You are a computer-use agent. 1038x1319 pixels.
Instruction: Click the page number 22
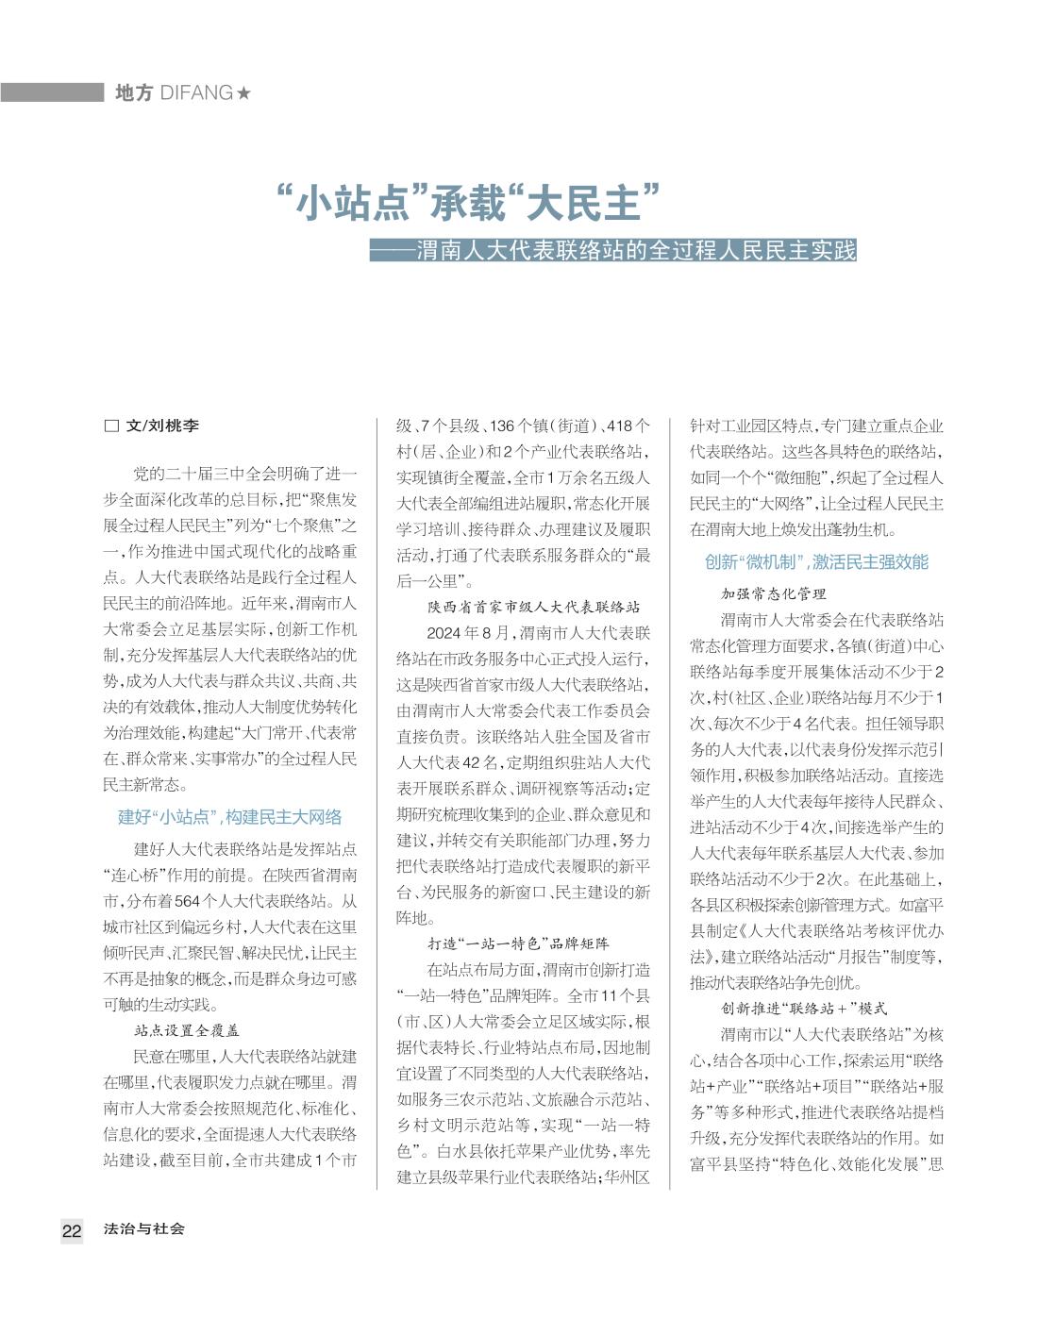tap(72, 1230)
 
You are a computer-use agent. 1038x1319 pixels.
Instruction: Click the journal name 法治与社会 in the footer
tap(144, 1228)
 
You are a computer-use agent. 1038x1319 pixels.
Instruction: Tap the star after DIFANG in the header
tap(244, 92)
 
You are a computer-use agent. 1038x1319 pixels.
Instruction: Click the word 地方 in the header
tap(133, 92)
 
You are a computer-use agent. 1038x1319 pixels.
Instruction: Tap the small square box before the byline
tap(110, 426)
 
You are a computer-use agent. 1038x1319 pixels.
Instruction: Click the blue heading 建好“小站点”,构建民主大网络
tap(229, 817)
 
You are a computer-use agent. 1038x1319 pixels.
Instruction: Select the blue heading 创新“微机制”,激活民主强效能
tap(816, 562)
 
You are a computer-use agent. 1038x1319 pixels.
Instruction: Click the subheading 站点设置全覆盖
tap(187, 1030)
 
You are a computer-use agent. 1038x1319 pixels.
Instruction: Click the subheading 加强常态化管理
tap(774, 593)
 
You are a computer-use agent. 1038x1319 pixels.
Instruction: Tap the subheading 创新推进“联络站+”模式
tap(804, 1009)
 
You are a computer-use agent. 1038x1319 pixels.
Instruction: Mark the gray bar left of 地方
tap(52, 92)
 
